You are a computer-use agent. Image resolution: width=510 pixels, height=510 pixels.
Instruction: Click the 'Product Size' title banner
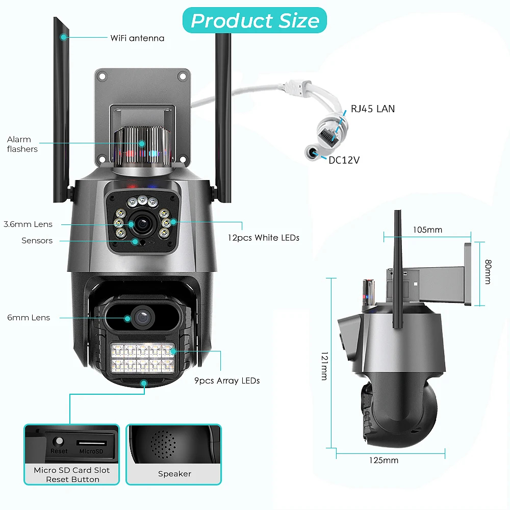[x=255, y=21]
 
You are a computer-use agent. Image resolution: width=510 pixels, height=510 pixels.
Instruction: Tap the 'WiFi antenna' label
[x=137, y=38]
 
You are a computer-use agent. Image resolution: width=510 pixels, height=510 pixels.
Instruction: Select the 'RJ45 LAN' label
[x=372, y=109]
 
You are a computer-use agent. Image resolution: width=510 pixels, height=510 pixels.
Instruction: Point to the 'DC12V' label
[x=344, y=160]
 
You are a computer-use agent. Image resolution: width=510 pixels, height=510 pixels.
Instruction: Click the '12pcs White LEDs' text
[x=263, y=238]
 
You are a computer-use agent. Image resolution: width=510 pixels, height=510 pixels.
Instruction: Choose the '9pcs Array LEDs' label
[x=227, y=380]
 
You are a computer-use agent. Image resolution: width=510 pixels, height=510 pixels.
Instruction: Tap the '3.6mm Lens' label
[x=28, y=224]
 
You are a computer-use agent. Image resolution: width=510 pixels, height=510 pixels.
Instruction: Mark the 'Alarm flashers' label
[x=22, y=144]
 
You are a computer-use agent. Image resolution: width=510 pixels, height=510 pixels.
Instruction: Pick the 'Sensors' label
[x=37, y=241]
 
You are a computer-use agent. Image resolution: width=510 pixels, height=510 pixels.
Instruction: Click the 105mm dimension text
[x=427, y=229]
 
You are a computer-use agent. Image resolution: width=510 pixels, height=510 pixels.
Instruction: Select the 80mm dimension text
[x=488, y=272]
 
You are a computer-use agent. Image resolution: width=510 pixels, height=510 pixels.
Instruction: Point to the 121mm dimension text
[x=324, y=365]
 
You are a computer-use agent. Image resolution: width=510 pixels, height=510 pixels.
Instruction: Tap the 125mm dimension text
[x=384, y=460]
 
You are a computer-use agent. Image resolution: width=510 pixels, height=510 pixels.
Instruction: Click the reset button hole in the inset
[x=59, y=441]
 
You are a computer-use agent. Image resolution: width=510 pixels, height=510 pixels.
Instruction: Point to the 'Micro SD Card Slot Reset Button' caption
[x=71, y=475]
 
